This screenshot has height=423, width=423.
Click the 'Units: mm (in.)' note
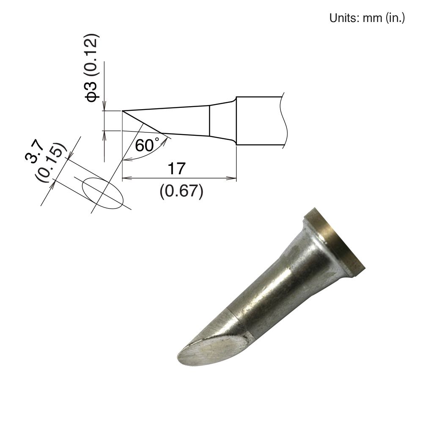click(x=367, y=18)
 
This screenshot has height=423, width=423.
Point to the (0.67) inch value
click(x=181, y=192)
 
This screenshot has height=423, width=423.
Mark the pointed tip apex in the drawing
click(x=122, y=111)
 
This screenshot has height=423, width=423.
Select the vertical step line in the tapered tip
click(x=210, y=121)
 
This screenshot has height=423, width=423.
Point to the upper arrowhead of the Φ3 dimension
click(x=104, y=107)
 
